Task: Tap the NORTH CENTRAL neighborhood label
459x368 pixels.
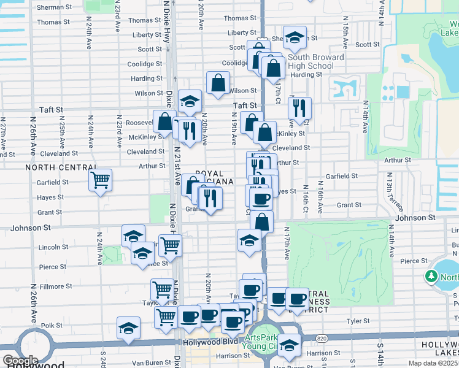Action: (60, 167)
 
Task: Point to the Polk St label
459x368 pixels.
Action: (52, 326)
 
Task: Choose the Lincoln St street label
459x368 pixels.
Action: (52, 247)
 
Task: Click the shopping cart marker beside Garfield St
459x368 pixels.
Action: (100, 180)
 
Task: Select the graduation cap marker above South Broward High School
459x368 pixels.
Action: (295, 37)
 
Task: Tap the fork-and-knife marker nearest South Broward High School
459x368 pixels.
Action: (299, 109)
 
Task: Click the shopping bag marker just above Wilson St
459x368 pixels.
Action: (218, 82)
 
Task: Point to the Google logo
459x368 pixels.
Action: (20, 361)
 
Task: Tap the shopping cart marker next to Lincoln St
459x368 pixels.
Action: (171, 245)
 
